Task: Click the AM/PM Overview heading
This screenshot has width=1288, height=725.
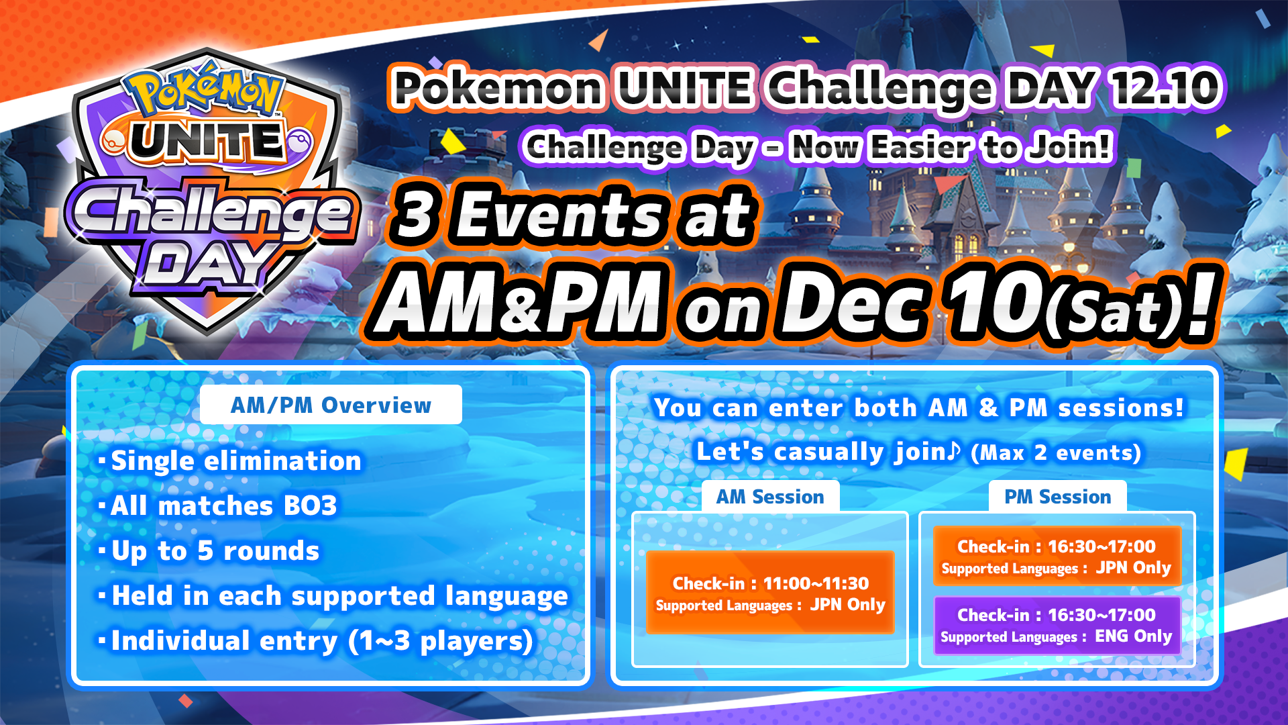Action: coord(331,405)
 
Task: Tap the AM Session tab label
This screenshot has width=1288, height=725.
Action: coord(770,497)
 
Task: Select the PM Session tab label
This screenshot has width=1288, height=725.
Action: coord(1057,497)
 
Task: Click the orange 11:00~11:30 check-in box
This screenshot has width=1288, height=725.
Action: coord(770,593)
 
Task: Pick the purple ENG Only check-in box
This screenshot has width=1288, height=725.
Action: coord(1057,625)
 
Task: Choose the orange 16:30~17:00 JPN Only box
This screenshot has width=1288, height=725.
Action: coord(1057,557)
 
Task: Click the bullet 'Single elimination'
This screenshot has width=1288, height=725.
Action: coord(229,461)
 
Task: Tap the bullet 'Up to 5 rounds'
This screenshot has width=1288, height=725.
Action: coord(209,550)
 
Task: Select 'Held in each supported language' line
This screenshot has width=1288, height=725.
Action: coord(333,596)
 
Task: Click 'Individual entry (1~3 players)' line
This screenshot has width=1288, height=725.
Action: coord(315,641)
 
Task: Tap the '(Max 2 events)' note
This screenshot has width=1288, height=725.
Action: coord(1056,452)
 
